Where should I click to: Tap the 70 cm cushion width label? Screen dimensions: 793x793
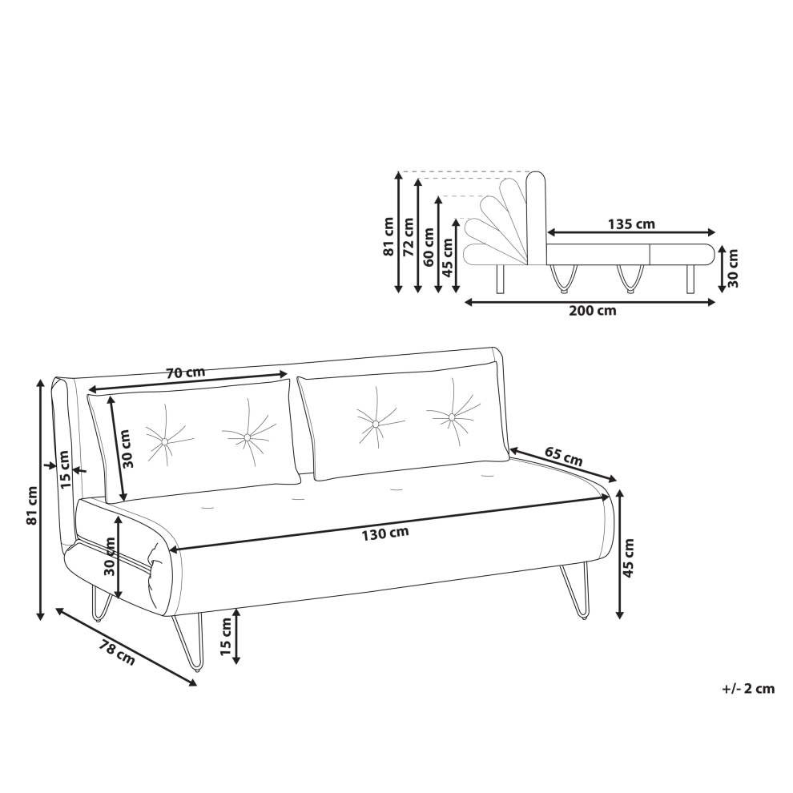tap(186, 372)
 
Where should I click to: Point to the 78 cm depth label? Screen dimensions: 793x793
tap(117, 652)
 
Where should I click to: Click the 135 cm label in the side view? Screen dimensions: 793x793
tap(631, 223)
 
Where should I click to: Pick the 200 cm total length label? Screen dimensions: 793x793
tap(593, 310)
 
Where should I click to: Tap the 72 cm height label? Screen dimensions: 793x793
tap(408, 237)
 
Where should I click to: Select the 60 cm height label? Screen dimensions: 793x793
tap(428, 248)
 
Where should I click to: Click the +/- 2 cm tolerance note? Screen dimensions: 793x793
tap(748, 688)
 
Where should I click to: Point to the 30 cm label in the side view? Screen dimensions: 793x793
tap(733, 268)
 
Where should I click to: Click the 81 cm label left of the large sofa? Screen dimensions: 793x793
tap(32, 505)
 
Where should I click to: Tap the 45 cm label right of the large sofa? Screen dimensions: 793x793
tap(628, 558)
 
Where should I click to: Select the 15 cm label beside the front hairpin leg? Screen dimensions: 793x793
tap(226, 638)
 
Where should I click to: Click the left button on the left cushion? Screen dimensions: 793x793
tap(164, 442)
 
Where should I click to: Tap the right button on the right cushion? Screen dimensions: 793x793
tap(451, 417)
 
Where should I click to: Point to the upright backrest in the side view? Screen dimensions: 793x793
tap(536, 218)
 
